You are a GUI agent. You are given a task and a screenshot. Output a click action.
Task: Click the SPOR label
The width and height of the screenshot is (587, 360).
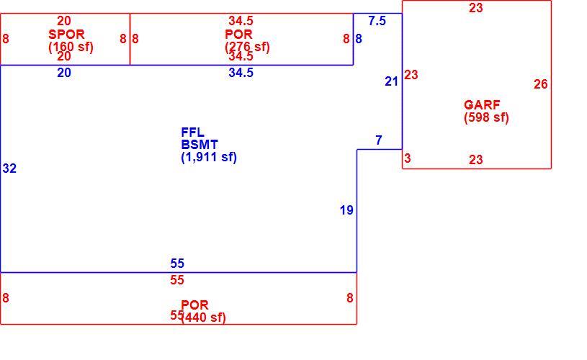point(66,35)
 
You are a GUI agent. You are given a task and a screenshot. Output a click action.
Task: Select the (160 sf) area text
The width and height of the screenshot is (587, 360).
point(71,47)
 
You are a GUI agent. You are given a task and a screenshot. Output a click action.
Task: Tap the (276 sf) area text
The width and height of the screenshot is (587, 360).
point(247,47)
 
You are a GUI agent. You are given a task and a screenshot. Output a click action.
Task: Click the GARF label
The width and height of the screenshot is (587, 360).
point(482,105)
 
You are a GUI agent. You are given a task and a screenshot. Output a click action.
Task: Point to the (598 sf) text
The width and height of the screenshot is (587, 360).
point(486,117)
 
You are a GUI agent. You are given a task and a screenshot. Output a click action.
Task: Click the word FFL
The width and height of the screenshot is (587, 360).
point(192,132)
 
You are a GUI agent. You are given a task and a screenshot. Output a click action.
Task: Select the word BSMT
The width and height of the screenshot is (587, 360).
point(200,145)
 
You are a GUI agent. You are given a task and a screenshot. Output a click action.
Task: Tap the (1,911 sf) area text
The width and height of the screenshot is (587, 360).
point(209,157)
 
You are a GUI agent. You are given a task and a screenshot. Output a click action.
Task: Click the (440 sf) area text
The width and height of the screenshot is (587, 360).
point(203,318)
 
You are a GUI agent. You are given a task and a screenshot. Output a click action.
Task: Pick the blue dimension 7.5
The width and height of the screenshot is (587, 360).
point(377,21)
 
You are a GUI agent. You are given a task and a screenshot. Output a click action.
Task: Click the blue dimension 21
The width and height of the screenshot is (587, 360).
point(391,81)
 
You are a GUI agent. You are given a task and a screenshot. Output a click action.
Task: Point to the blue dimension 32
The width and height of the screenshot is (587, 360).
point(9,168)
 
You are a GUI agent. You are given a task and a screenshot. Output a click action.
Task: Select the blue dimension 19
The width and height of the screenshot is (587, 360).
point(346,210)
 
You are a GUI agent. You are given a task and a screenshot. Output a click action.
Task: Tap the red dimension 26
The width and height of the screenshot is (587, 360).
point(541,84)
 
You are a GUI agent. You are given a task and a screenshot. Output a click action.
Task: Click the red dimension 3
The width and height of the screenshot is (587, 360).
point(408,158)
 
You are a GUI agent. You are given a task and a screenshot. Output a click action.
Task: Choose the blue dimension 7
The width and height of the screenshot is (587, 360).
point(379,140)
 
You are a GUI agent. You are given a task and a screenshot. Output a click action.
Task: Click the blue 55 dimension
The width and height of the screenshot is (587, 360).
point(177,264)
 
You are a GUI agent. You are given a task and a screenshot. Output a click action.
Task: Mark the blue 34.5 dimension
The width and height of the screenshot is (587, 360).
point(241,73)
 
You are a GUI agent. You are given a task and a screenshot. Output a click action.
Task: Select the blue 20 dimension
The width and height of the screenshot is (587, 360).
point(64,73)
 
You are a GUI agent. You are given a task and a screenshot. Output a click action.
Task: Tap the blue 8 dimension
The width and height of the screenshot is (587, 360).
point(359,39)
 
